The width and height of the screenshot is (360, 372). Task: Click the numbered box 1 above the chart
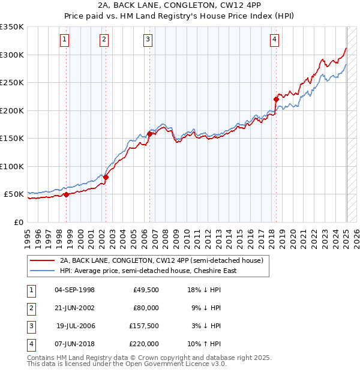pyautogui.click(x=64, y=40)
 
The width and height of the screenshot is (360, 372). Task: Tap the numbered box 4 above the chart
pyautogui.click(x=274, y=40)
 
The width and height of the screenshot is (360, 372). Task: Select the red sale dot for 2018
pyautogui.click(x=276, y=99)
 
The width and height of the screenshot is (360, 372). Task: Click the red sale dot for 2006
pyautogui.click(x=149, y=134)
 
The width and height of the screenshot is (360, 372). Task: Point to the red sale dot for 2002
pyautogui.click(x=106, y=177)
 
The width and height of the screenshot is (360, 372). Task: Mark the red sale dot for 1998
pyautogui.click(x=66, y=194)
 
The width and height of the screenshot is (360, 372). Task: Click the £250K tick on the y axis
pyautogui.click(x=12, y=82)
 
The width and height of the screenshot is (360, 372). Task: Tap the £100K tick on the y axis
pyautogui.click(x=12, y=166)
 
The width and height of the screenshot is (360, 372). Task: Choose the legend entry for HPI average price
pyautogui.click(x=148, y=271)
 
